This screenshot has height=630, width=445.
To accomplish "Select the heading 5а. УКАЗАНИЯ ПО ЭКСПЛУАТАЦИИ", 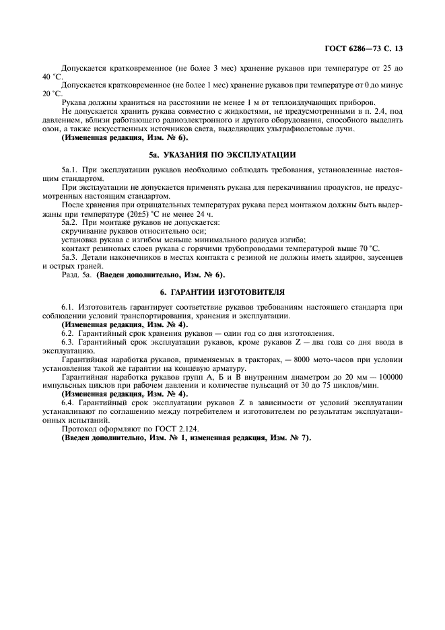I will pos(223,154).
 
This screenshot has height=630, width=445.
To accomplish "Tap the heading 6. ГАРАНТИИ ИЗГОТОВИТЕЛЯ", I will pos(223,293).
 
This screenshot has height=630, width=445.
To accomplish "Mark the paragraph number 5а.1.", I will pos(70,172).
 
